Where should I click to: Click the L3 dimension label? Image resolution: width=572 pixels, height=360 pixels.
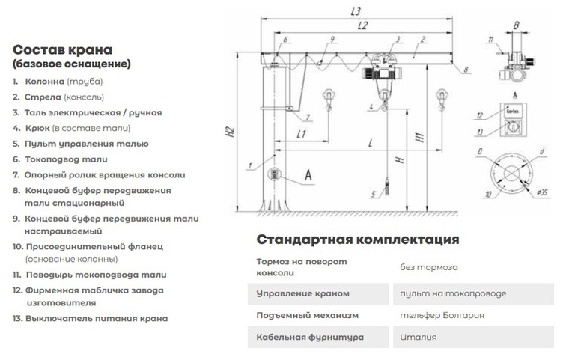(356, 12)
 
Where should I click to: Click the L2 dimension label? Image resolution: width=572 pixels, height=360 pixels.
(362, 25)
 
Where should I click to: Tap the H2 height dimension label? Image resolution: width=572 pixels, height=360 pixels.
(229, 132)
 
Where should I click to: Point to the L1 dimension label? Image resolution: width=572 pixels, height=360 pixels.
(301, 134)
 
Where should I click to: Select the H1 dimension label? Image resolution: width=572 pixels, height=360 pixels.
(420, 138)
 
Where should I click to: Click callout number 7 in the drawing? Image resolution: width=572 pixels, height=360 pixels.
(308, 117)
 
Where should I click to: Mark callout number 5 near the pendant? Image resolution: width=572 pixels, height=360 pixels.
(373, 194)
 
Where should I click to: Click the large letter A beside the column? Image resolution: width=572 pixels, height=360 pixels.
(308, 175)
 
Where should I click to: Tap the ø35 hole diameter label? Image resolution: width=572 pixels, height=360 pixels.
(542, 192)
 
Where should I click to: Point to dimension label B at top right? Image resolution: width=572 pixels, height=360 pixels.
(516, 25)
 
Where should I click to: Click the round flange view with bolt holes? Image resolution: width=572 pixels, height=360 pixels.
(511, 173)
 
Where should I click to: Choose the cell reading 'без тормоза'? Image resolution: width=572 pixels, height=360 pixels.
(429, 267)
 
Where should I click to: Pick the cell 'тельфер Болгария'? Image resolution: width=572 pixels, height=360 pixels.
(442, 315)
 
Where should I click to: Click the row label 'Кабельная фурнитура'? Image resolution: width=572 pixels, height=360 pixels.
(310, 337)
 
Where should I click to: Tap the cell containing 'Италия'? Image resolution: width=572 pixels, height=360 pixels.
(418, 337)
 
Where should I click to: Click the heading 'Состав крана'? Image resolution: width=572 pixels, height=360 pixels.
(62, 49)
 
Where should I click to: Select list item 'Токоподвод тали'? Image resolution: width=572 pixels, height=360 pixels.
(66, 159)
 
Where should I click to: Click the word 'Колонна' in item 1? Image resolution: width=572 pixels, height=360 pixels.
(44, 82)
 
